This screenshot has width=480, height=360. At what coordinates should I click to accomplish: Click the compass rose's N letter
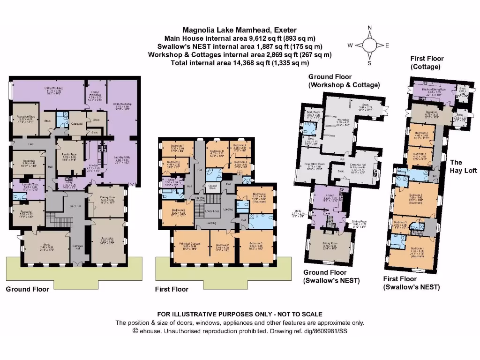pyautogui.click(x=369, y=28)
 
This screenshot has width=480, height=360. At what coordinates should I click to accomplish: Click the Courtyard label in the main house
pyautogui.click(x=78, y=123)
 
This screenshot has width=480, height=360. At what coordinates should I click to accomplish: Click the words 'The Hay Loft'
pyautogui.click(x=463, y=166)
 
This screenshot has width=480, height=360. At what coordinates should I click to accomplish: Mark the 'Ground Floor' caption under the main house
pyautogui.click(x=27, y=289)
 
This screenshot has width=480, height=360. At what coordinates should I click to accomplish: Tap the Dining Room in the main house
pyautogui.click(x=108, y=201)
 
